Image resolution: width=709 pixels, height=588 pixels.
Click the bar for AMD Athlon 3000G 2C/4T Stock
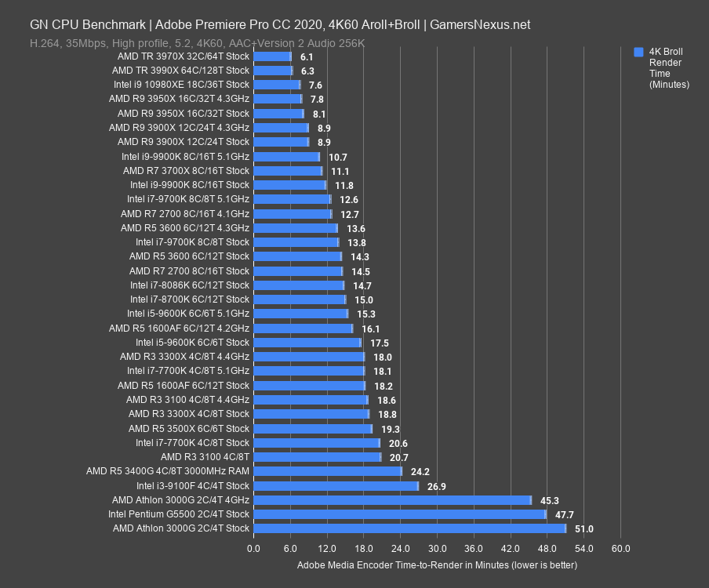pyautogui.click(x=409, y=528)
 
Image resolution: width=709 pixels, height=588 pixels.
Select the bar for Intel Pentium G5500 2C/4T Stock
pyautogui.click(x=399, y=514)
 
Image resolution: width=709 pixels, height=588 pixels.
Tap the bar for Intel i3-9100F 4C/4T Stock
pyautogui.click(x=336, y=486)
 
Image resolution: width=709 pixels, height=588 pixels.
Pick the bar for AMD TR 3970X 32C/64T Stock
pyautogui.click(x=272, y=56)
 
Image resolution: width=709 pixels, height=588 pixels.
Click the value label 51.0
pyautogui.click(x=584, y=529)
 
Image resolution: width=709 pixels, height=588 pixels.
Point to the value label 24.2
pyautogui.click(x=420, y=472)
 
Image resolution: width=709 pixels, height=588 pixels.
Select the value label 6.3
pyautogui.click(x=307, y=71)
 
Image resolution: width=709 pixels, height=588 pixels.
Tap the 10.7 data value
pyautogui.click(x=338, y=157)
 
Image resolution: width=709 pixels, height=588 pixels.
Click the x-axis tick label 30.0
pyautogui.click(x=437, y=548)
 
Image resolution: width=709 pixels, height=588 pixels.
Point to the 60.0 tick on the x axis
pyautogui.click(x=620, y=548)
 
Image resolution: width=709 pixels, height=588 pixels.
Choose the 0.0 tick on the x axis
pyautogui.click(x=253, y=548)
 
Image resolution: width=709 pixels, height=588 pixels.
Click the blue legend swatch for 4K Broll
pyautogui.click(x=638, y=52)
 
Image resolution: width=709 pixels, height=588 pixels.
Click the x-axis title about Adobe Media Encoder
pyautogui.click(x=437, y=564)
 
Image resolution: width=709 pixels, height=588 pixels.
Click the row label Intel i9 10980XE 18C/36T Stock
pyautogui.click(x=181, y=85)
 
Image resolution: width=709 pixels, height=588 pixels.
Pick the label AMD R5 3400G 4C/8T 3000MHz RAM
pyautogui.click(x=168, y=471)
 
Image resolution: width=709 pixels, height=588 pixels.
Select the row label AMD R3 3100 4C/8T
pyautogui.click(x=205, y=457)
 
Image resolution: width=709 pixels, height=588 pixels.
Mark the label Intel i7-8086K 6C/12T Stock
pyautogui.click(x=190, y=285)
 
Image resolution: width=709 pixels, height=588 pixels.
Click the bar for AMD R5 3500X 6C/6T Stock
pyautogui.click(x=312, y=429)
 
